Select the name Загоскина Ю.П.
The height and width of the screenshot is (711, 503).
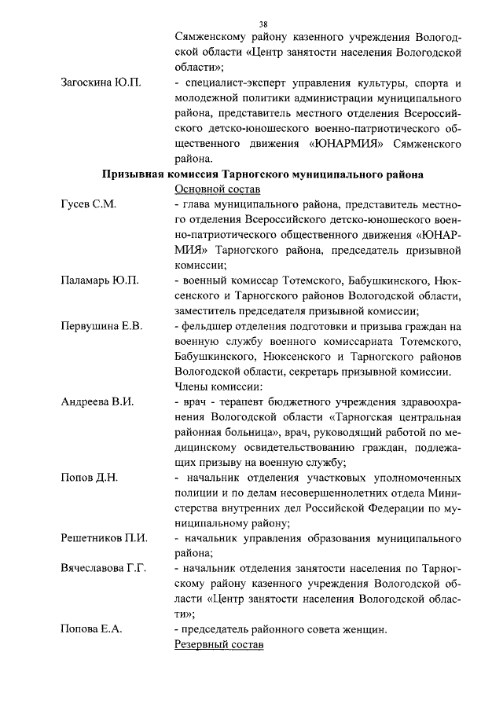pyautogui.click(x=101, y=83)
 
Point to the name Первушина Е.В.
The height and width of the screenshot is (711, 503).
pyautogui.click(x=101, y=327)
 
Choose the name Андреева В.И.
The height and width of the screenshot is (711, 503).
pyautogui.click(x=97, y=402)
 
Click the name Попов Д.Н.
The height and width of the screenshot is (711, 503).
pyautogui.click(x=89, y=478)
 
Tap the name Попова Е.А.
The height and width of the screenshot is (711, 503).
pyautogui.click(x=91, y=629)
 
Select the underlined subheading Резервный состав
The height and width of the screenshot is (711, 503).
pyautogui.click(x=217, y=645)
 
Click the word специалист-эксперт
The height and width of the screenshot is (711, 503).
pyautogui.click(x=232, y=83)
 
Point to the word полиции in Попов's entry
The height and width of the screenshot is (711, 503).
pyautogui.click(x=193, y=493)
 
